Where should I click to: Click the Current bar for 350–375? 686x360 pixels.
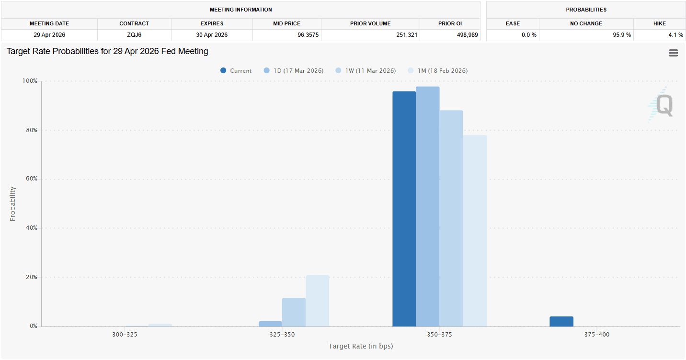click(x=404, y=209)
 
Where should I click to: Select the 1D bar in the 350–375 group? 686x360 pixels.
click(x=427, y=206)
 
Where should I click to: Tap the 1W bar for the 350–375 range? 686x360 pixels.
click(x=451, y=218)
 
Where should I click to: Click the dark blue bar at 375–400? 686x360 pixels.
click(x=561, y=321)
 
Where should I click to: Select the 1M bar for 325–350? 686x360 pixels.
click(x=317, y=301)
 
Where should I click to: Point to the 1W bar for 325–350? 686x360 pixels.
click(x=294, y=312)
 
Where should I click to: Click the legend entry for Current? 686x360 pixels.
click(x=236, y=71)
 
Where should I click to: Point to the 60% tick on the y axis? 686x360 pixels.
click(x=31, y=179)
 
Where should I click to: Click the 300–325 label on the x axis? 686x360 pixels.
click(x=125, y=335)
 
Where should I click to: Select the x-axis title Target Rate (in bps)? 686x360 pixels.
click(x=361, y=346)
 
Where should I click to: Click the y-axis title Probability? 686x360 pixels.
click(x=13, y=203)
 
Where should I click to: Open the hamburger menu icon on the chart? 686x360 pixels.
click(x=673, y=53)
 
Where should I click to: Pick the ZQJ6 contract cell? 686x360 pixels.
click(x=134, y=35)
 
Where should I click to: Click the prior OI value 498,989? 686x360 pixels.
click(x=465, y=35)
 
